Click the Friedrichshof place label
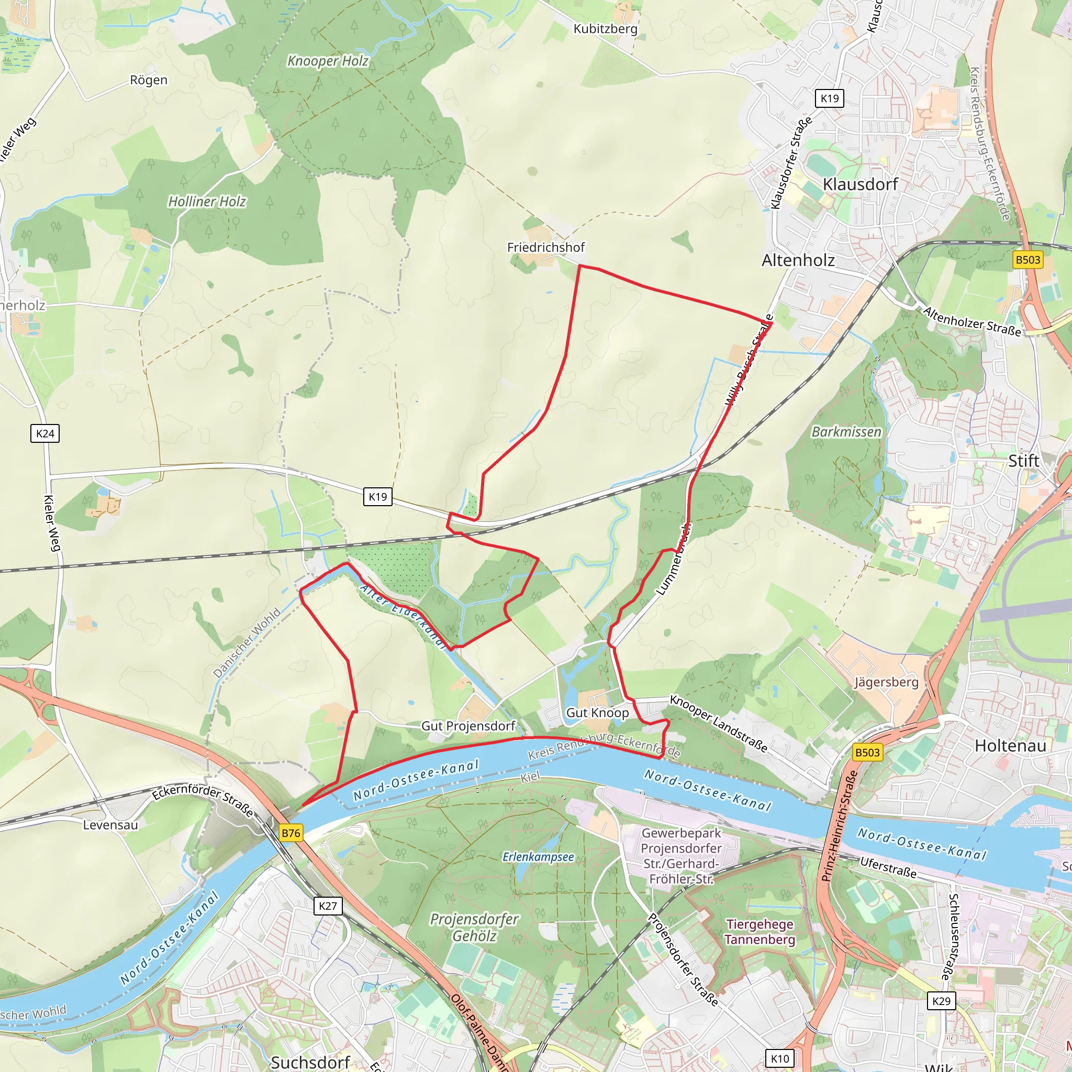[545, 248]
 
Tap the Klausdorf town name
[859, 184]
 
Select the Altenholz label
[797, 260]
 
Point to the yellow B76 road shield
[291, 833]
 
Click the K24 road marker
[45, 433]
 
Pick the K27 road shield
[327, 906]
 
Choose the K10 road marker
[779, 1058]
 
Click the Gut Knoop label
[597, 712]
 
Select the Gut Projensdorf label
[468, 726]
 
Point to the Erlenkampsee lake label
[538, 857]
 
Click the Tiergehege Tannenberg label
[760, 932]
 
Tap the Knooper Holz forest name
[327, 61]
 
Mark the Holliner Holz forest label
[207, 202]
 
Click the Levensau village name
[110, 825]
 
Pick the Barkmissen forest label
[846, 432]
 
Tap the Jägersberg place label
[886, 682]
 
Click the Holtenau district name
[1010, 746]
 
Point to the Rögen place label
[149, 80]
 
